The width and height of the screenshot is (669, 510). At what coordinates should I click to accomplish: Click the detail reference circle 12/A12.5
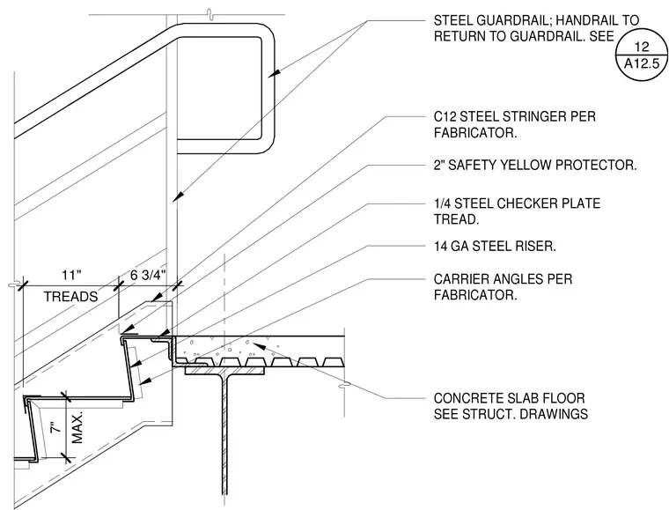click(641, 55)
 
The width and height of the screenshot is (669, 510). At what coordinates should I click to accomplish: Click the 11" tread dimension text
click(71, 275)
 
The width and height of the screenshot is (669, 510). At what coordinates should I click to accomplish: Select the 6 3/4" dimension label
click(148, 275)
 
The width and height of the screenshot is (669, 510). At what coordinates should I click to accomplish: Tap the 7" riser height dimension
click(55, 427)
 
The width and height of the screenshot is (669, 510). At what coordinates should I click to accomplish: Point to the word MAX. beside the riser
click(77, 428)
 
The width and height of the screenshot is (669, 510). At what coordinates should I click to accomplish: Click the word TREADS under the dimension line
click(70, 296)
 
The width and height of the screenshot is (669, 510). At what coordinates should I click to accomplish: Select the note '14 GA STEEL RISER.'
click(495, 247)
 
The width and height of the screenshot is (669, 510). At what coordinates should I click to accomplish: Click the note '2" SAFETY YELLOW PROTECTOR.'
click(535, 165)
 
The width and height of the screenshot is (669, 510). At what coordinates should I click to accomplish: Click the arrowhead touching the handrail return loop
click(275, 73)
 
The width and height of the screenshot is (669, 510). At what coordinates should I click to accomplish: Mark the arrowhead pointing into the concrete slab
click(259, 344)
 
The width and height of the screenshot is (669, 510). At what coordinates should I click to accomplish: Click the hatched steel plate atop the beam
click(224, 372)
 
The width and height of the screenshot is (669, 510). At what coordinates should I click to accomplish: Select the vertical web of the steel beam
click(224, 434)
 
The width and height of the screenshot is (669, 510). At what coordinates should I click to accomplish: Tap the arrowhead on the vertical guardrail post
click(179, 196)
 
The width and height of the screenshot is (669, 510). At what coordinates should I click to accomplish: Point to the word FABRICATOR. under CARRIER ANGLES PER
click(475, 295)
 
